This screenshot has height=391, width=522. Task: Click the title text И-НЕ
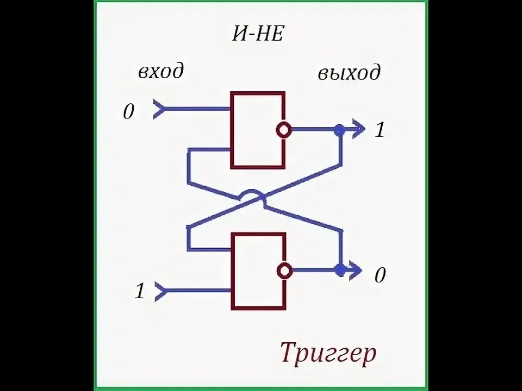[258, 34]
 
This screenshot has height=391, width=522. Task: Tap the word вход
[161, 71]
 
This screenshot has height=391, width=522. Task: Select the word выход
[349, 73]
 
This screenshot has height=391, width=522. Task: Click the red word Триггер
[328, 353]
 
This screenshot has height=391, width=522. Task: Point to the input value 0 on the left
[128, 111]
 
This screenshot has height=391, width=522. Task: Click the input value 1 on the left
[140, 291]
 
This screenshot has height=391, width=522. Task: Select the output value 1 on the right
[379, 129]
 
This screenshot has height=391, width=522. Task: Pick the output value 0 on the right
[380, 275]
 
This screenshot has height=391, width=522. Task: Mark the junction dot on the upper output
[339, 130]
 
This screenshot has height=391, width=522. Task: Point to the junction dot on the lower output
[340, 270]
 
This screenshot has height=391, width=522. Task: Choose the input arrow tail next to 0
[158, 109]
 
